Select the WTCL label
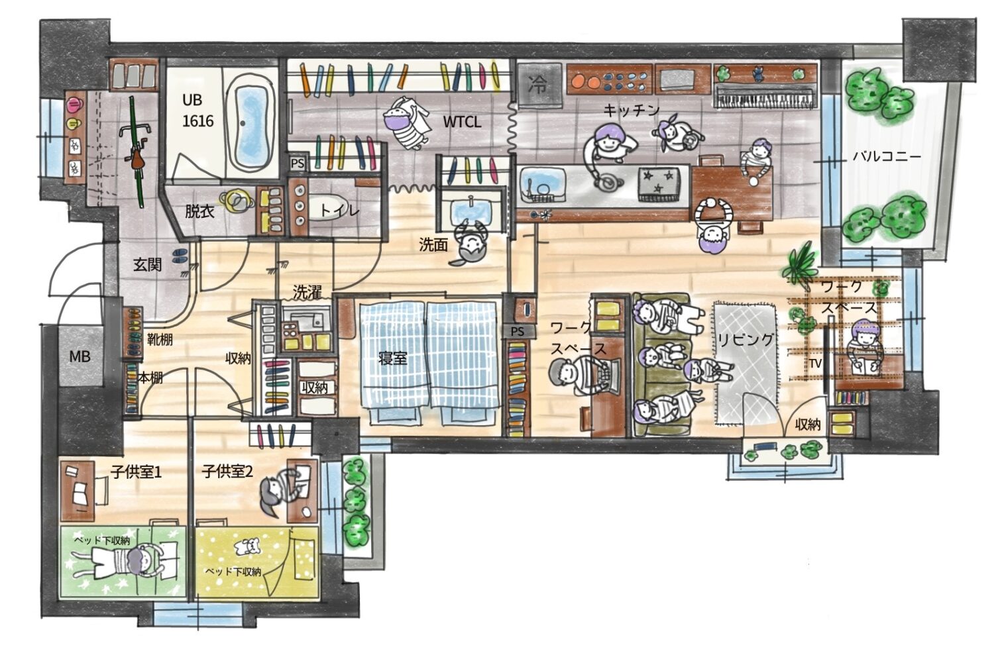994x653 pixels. tap(462, 122)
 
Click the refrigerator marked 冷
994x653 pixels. tap(539, 85)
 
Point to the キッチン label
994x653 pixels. tap(632, 111)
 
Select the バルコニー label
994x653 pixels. tap(887, 156)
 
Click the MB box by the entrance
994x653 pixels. tap(80, 356)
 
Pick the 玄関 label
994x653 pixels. tap(147, 265)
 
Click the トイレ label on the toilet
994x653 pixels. tap(339, 211)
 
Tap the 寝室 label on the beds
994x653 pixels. tap(392, 358)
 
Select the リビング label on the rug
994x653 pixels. tap(745, 340)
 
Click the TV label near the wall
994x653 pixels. tap(815, 364)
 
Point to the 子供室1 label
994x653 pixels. tap(137, 472)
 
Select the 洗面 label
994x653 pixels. tap(433, 245)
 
